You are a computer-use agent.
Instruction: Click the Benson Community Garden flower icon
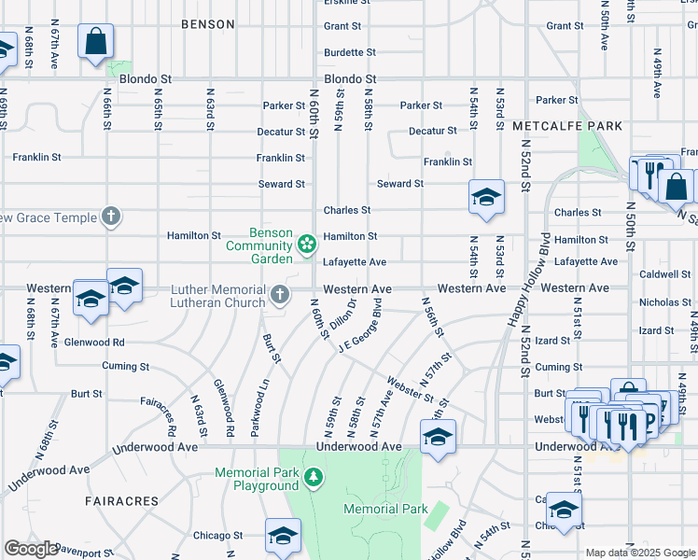[x=305, y=245]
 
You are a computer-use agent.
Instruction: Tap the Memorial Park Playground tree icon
[x=314, y=479]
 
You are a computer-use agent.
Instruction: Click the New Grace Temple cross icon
[x=111, y=217]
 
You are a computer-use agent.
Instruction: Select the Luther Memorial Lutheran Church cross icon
[x=279, y=296]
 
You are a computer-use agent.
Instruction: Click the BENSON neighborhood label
[x=207, y=24]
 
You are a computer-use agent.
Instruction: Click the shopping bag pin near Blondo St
[x=96, y=42]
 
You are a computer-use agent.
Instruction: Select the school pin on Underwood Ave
[x=438, y=437]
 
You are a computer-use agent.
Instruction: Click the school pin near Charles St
[x=486, y=197]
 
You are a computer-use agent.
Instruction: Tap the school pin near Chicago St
[x=282, y=536]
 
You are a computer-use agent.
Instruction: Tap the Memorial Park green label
[x=385, y=509]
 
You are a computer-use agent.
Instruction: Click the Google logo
[x=31, y=549]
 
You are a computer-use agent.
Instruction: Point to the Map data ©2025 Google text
[x=639, y=553]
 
